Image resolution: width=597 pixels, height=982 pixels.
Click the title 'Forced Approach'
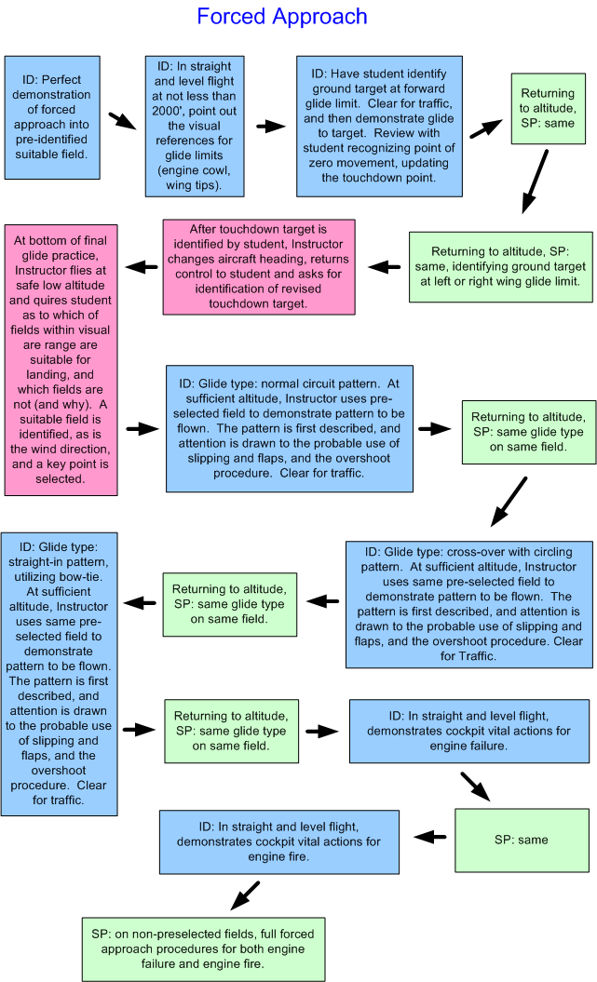click(282, 17)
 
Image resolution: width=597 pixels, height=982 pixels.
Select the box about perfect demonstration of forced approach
click(52, 117)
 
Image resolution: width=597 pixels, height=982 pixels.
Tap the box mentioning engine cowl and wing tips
click(196, 126)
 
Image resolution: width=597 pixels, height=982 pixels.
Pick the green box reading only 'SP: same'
click(521, 840)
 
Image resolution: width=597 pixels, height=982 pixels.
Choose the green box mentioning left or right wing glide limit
click(500, 266)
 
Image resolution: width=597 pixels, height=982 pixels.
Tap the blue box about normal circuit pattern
click(289, 428)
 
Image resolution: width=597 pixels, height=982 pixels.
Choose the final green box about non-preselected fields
click(203, 948)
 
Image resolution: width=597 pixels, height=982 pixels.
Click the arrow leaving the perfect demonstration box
click(120, 122)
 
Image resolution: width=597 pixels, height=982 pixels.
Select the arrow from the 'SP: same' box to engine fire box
click(429, 837)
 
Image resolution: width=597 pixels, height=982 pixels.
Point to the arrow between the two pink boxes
click(141, 267)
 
